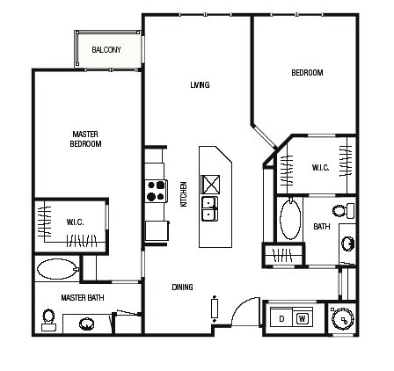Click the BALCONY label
106,50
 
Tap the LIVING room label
200,85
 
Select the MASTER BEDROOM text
85,139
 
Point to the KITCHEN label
184,194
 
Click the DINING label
182,287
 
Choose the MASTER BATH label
83,298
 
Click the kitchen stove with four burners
156,191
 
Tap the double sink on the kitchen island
210,208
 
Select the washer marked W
303,317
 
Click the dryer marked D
281,317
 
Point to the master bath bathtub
58,269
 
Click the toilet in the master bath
48,320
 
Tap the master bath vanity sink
87,324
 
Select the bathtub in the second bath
290,219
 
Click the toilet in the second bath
344,210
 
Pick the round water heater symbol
342,319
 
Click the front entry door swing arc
241,307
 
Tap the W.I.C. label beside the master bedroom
75,222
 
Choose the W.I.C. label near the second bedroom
320,168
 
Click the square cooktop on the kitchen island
210,185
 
